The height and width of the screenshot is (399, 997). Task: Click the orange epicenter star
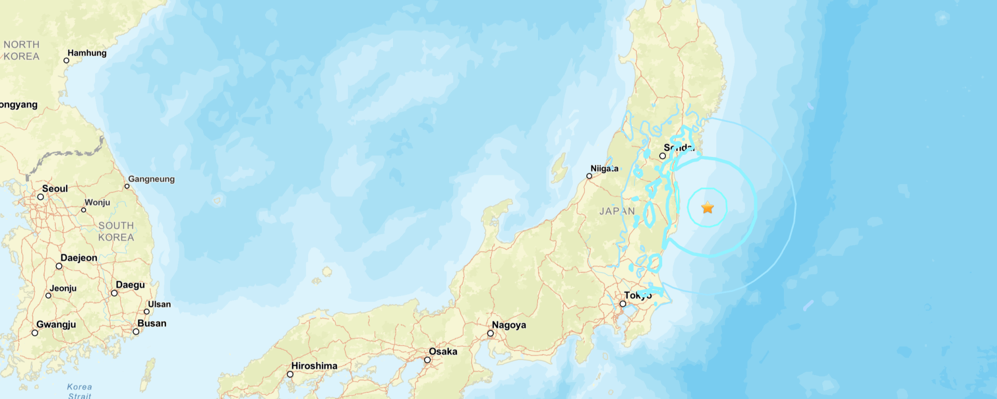coord(707,208)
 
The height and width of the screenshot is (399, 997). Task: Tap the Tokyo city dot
coord(622,304)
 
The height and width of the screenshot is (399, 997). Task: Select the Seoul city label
coord(55,189)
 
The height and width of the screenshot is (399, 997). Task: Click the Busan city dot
coord(136,331)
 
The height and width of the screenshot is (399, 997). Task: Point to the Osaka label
coord(443,352)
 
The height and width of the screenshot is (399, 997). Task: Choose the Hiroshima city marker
coord(290,374)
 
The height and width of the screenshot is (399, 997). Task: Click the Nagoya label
coord(509,325)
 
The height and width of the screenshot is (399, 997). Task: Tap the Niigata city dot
coord(589,176)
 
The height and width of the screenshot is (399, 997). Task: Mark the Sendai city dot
coord(662,156)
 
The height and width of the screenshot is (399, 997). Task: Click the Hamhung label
coord(87,53)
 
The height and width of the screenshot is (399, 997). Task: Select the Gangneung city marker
coord(127,186)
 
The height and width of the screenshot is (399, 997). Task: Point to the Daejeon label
coord(78,258)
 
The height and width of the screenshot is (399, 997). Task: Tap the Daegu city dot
coord(114,293)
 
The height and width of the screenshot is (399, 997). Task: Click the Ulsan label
coord(159,304)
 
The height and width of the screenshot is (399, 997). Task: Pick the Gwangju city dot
coord(35,333)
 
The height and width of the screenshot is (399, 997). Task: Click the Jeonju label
coord(63,288)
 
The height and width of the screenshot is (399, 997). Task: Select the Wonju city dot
coord(83,210)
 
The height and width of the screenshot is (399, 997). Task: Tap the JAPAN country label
coord(617,211)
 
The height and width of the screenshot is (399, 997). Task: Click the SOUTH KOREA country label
coord(116,231)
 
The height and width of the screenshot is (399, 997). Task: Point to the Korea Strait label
coord(80,391)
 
